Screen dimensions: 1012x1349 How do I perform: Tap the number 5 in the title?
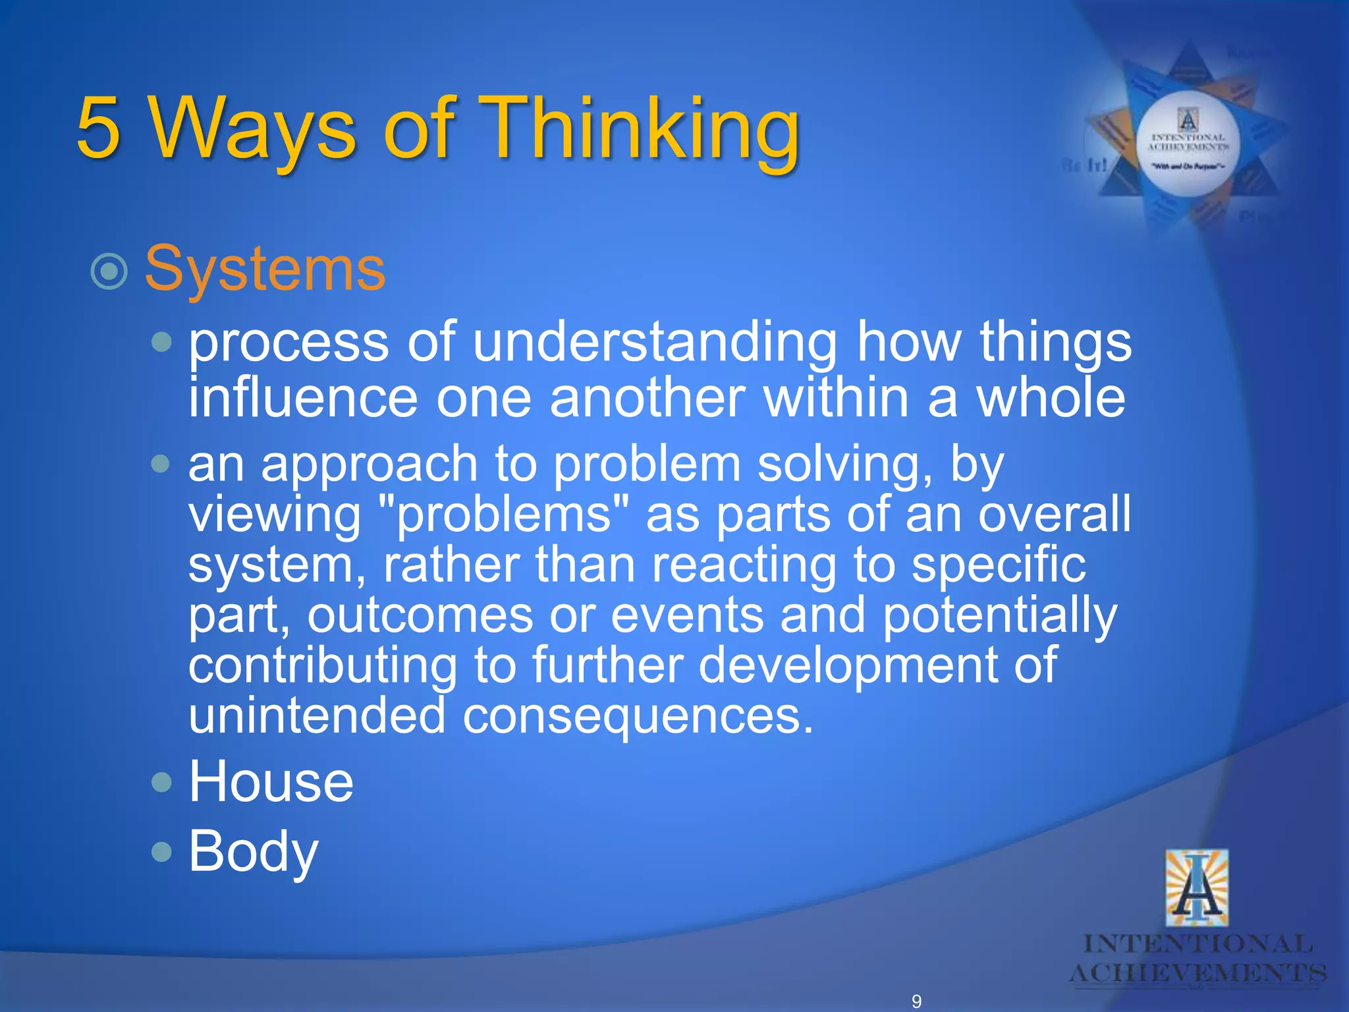(98, 128)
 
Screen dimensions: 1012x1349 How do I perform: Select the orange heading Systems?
(265, 269)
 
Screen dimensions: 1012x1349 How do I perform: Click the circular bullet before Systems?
(109, 271)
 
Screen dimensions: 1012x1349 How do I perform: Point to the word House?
(271, 781)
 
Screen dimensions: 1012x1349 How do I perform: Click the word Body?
(253, 851)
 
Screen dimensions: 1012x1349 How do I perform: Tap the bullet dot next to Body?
(161, 852)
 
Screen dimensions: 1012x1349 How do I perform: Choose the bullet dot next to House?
(161, 782)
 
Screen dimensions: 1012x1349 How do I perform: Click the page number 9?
(916, 1001)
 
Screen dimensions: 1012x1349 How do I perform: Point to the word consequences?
(638, 716)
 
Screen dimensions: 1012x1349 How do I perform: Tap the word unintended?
(317, 716)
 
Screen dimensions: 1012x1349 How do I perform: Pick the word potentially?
(999, 615)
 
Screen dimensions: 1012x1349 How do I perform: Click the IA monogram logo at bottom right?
(1196, 888)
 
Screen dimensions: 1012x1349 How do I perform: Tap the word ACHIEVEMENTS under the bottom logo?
(1197, 972)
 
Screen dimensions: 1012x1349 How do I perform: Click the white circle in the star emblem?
(1188, 144)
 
